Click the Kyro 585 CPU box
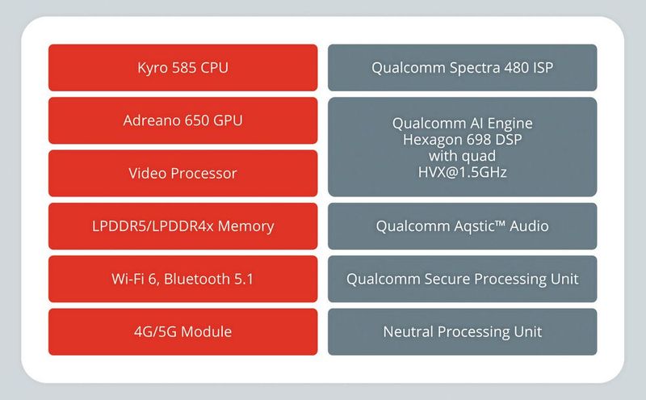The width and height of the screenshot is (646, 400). pyautogui.click(x=183, y=67)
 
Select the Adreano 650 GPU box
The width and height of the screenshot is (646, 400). pyautogui.click(x=183, y=120)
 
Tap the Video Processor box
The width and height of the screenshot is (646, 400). pyautogui.click(x=183, y=173)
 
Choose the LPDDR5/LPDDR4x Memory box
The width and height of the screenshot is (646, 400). pyautogui.click(x=183, y=226)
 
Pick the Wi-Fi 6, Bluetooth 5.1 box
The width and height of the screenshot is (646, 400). pyautogui.click(x=183, y=279)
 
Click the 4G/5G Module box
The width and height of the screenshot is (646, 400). pyautogui.click(x=183, y=331)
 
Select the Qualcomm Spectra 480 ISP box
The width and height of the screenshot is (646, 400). pyautogui.click(x=463, y=67)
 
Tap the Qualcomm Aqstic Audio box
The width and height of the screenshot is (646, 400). pyautogui.click(x=463, y=226)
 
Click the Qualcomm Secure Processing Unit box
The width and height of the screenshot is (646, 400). pyautogui.click(x=463, y=279)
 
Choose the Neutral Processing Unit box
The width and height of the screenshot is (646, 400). pyautogui.click(x=463, y=331)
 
